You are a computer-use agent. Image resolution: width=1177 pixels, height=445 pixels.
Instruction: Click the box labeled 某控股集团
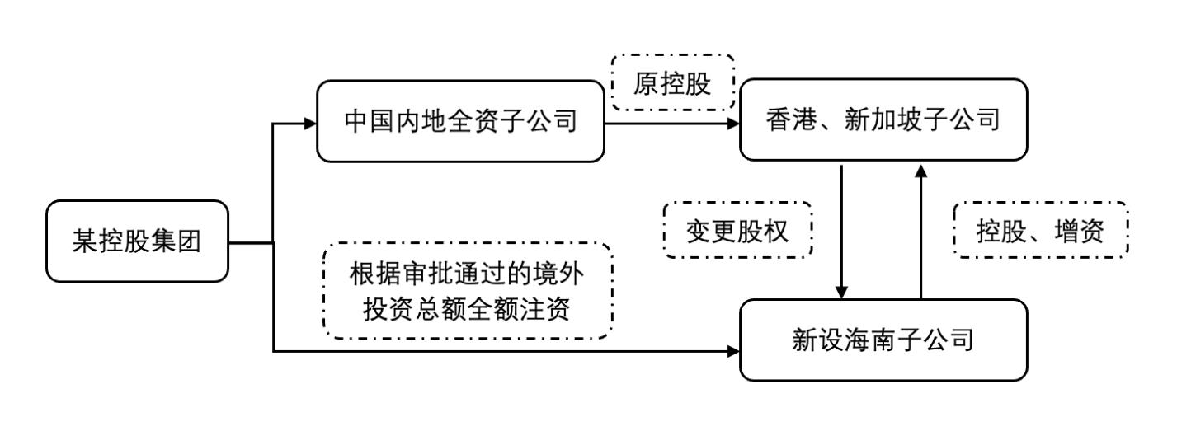[x=137, y=241]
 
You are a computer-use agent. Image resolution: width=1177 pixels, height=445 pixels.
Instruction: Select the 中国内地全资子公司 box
[x=460, y=121]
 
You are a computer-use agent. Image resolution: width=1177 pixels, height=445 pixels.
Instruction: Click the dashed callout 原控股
[x=672, y=83]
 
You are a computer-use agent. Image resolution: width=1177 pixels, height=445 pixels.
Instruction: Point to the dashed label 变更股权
[x=737, y=231]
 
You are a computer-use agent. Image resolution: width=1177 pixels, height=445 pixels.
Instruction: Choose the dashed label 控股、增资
[x=1039, y=231]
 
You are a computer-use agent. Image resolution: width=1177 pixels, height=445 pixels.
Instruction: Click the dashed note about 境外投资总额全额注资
[x=468, y=290]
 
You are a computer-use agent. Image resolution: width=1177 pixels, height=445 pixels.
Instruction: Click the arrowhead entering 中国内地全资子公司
[x=310, y=124]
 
